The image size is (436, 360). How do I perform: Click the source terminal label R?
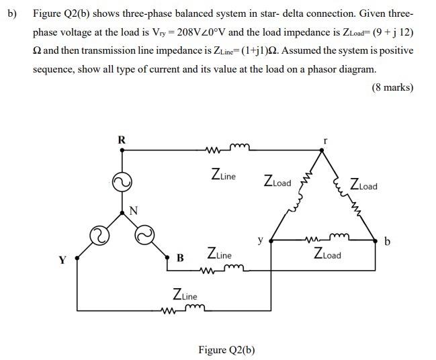point(122,140)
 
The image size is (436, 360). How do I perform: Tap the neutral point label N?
point(133,210)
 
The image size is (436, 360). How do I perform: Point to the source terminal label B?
point(180,257)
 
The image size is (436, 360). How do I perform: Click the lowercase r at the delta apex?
point(325,141)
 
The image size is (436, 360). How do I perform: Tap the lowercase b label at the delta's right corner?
point(387,242)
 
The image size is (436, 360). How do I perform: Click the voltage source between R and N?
point(122,181)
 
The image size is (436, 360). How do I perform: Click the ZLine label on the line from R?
point(223,176)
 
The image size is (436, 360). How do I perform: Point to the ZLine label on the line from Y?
point(185,294)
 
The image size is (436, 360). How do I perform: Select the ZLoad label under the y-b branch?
point(327,255)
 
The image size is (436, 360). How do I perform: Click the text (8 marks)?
point(392,87)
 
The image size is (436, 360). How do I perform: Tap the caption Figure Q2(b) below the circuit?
point(226,349)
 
